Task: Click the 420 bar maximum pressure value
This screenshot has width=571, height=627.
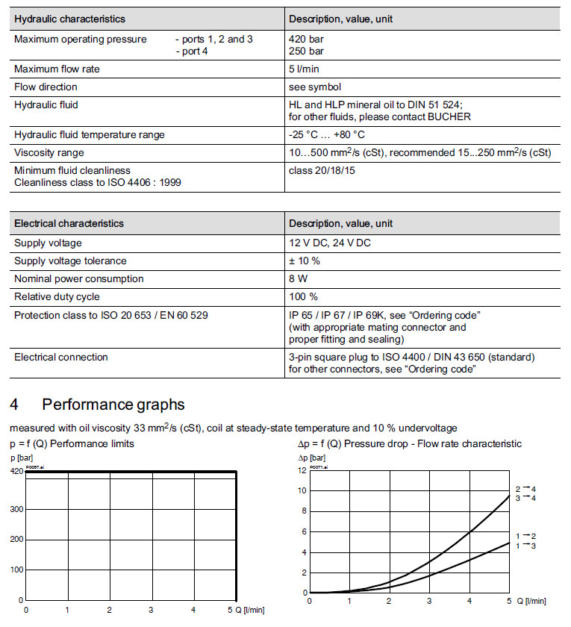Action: pyautogui.click(x=306, y=40)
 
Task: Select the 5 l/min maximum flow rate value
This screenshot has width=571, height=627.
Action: pyautogui.click(x=304, y=69)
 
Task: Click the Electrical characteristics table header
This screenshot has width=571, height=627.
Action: pyautogui.click(x=69, y=224)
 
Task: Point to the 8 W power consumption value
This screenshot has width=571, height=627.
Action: pyautogui.click(x=299, y=279)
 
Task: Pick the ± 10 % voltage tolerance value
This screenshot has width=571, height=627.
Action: pyautogui.click(x=305, y=261)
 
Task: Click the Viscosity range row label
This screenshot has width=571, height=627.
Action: pyautogui.click(x=50, y=153)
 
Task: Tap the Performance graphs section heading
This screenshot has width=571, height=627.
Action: pyautogui.click(x=113, y=405)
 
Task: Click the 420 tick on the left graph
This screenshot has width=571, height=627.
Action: pyautogui.click(x=16, y=472)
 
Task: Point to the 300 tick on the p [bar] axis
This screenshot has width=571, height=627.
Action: pyautogui.click(x=16, y=509)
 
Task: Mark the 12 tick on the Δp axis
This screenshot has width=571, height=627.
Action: pyautogui.click(x=302, y=470)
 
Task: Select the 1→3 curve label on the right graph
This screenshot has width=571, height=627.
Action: pyautogui.click(x=525, y=546)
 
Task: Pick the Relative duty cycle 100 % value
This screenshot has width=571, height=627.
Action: pyautogui.click(x=302, y=297)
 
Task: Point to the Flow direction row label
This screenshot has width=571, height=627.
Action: pyautogui.click(x=46, y=87)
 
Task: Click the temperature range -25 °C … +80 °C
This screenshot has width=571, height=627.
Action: pyautogui.click(x=327, y=135)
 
